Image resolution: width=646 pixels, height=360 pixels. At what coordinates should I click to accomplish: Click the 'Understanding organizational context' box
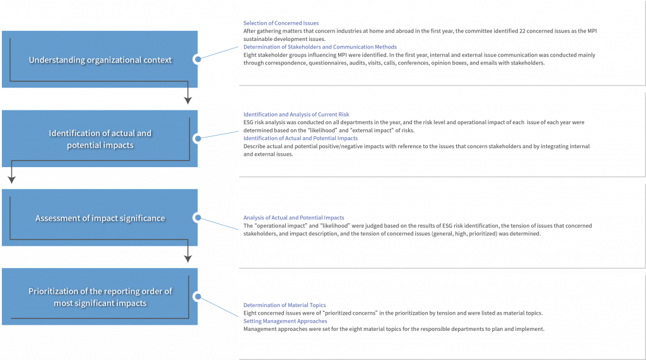[100, 59]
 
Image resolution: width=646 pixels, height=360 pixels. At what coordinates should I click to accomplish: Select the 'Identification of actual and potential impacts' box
[100, 139]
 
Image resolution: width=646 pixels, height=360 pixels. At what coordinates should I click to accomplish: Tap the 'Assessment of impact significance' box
[100, 218]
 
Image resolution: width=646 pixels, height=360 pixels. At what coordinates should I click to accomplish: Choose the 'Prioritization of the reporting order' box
[100, 296]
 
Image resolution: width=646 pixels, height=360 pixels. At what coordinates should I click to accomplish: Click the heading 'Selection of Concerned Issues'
[281, 23]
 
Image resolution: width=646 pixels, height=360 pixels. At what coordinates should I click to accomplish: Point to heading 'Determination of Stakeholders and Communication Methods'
[320, 47]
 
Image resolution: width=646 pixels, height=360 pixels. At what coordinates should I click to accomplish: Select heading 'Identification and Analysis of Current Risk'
[297, 115]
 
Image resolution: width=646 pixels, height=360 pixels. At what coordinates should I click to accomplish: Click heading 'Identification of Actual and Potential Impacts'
[300, 139]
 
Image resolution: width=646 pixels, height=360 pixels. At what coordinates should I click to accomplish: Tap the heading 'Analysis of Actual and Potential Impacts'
[294, 218]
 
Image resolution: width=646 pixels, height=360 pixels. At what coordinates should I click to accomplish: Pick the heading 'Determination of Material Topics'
[285, 305]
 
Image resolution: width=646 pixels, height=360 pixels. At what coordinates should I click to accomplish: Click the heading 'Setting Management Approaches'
[285, 322]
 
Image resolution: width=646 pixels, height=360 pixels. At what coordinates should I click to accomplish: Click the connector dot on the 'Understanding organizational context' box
[197, 59]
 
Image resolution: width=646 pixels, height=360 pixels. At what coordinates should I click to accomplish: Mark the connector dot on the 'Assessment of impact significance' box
[197, 218]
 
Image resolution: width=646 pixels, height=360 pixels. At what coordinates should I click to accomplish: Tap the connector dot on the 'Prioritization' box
[197, 296]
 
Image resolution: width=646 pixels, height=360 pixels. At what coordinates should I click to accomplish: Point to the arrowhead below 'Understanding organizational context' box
[188, 100]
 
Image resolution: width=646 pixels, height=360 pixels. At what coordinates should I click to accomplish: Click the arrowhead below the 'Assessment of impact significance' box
[188, 258]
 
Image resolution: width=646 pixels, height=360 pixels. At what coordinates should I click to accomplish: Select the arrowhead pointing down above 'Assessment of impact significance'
[11, 180]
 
